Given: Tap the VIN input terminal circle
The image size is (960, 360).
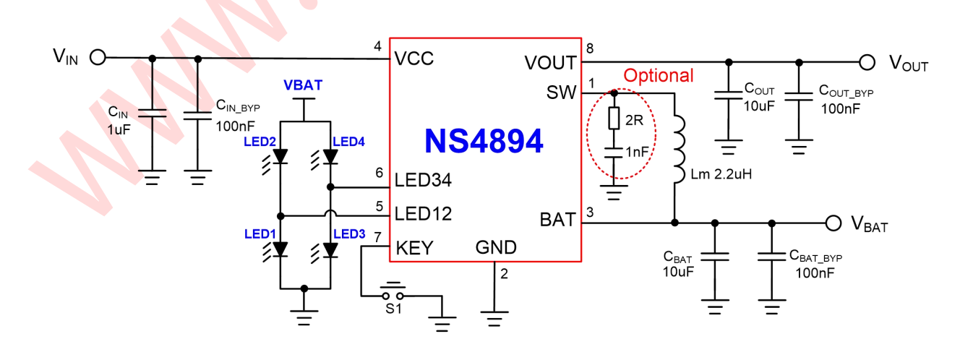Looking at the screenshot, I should point(98,57).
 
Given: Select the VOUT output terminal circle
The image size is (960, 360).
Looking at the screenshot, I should point(867,62).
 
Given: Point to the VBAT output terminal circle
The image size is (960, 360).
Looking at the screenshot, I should point(833,223).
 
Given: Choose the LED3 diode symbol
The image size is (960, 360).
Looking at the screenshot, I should point(330,249).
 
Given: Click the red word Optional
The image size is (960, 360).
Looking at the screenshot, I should point(658,76).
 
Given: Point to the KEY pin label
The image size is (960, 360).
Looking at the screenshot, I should point(414,248).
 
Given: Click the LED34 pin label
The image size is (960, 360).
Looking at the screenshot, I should point(424,181).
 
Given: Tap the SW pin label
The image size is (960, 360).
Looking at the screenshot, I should point(562,94).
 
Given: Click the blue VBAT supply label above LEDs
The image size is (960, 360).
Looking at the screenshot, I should point(303,85).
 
